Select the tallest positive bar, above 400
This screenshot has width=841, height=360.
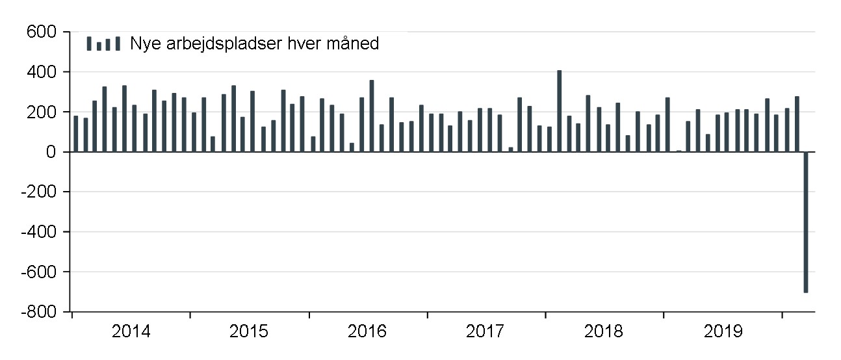[559, 111]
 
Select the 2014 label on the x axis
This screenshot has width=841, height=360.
[131, 332]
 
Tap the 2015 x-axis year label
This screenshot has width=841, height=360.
[249, 332]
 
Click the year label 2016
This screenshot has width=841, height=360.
[367, 332]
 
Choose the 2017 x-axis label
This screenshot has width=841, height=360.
[485, 332]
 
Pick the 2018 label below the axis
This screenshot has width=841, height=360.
[604, 332]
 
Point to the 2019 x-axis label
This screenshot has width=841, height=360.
[723, 332]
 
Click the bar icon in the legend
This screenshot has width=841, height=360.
[103, 44]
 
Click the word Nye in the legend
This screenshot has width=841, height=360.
[145, 44]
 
